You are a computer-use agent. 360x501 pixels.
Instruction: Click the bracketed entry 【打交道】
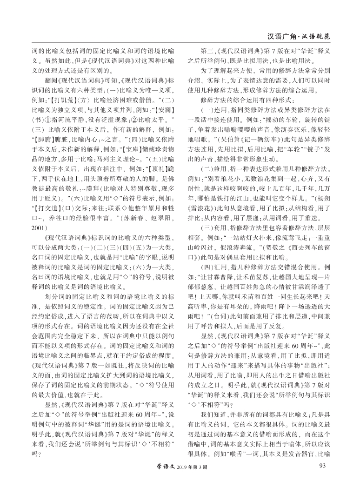click(45, 209)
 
